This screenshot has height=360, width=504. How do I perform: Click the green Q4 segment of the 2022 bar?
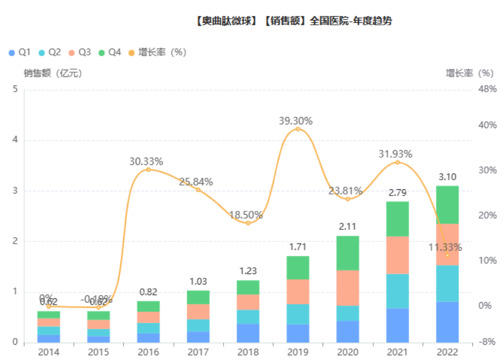pos(447,205)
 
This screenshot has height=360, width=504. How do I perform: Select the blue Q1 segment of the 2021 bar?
pos(397,325)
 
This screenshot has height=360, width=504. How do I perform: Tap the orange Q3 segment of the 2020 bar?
pos(347,288)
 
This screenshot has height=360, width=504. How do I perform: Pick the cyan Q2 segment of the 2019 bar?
pos(297,314)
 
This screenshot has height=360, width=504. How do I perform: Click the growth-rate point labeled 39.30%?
pos(297,129)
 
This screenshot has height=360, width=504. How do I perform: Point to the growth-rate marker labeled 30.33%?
pos(148,170)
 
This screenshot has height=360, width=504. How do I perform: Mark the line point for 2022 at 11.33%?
pos(447,255)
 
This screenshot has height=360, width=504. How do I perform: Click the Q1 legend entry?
pos(20,52)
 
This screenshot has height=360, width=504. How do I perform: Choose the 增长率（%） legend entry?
pos(158,52)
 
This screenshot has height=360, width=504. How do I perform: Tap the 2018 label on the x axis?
pos(248,352)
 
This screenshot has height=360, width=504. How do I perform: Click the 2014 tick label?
pos(49,352)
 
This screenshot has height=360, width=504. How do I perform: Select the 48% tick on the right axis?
pos(487,90)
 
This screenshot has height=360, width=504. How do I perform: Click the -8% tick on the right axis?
pos(487,343)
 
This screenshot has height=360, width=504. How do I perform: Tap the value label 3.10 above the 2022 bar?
pos(447,177)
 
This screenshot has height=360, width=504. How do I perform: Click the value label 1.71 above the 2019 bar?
pos(297,247)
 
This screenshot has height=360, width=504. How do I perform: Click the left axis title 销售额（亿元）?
pos(53,73)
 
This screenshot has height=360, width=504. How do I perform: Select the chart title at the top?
pos(293,22)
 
